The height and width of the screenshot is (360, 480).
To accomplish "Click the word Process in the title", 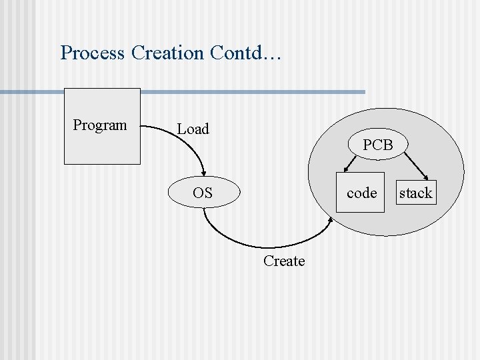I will pyautogui.click(x=92, y=53).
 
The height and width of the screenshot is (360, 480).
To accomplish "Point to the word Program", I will pyautogui.click(x=100, y=125).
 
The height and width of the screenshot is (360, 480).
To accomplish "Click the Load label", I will pyautogui.click(x=193, y=129).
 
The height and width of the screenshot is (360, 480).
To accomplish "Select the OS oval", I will pyautogui.click(x=203, y=193).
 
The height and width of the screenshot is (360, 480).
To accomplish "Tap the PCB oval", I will pyautogui.click(x=378, y=145).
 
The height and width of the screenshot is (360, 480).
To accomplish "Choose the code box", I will pyautogui.click(x=361, y=193).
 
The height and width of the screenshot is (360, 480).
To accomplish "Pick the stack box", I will pyautogui.click(x=416, y=193).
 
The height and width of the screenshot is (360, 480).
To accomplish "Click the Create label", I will pyautogui.click(x=284, y=261).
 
